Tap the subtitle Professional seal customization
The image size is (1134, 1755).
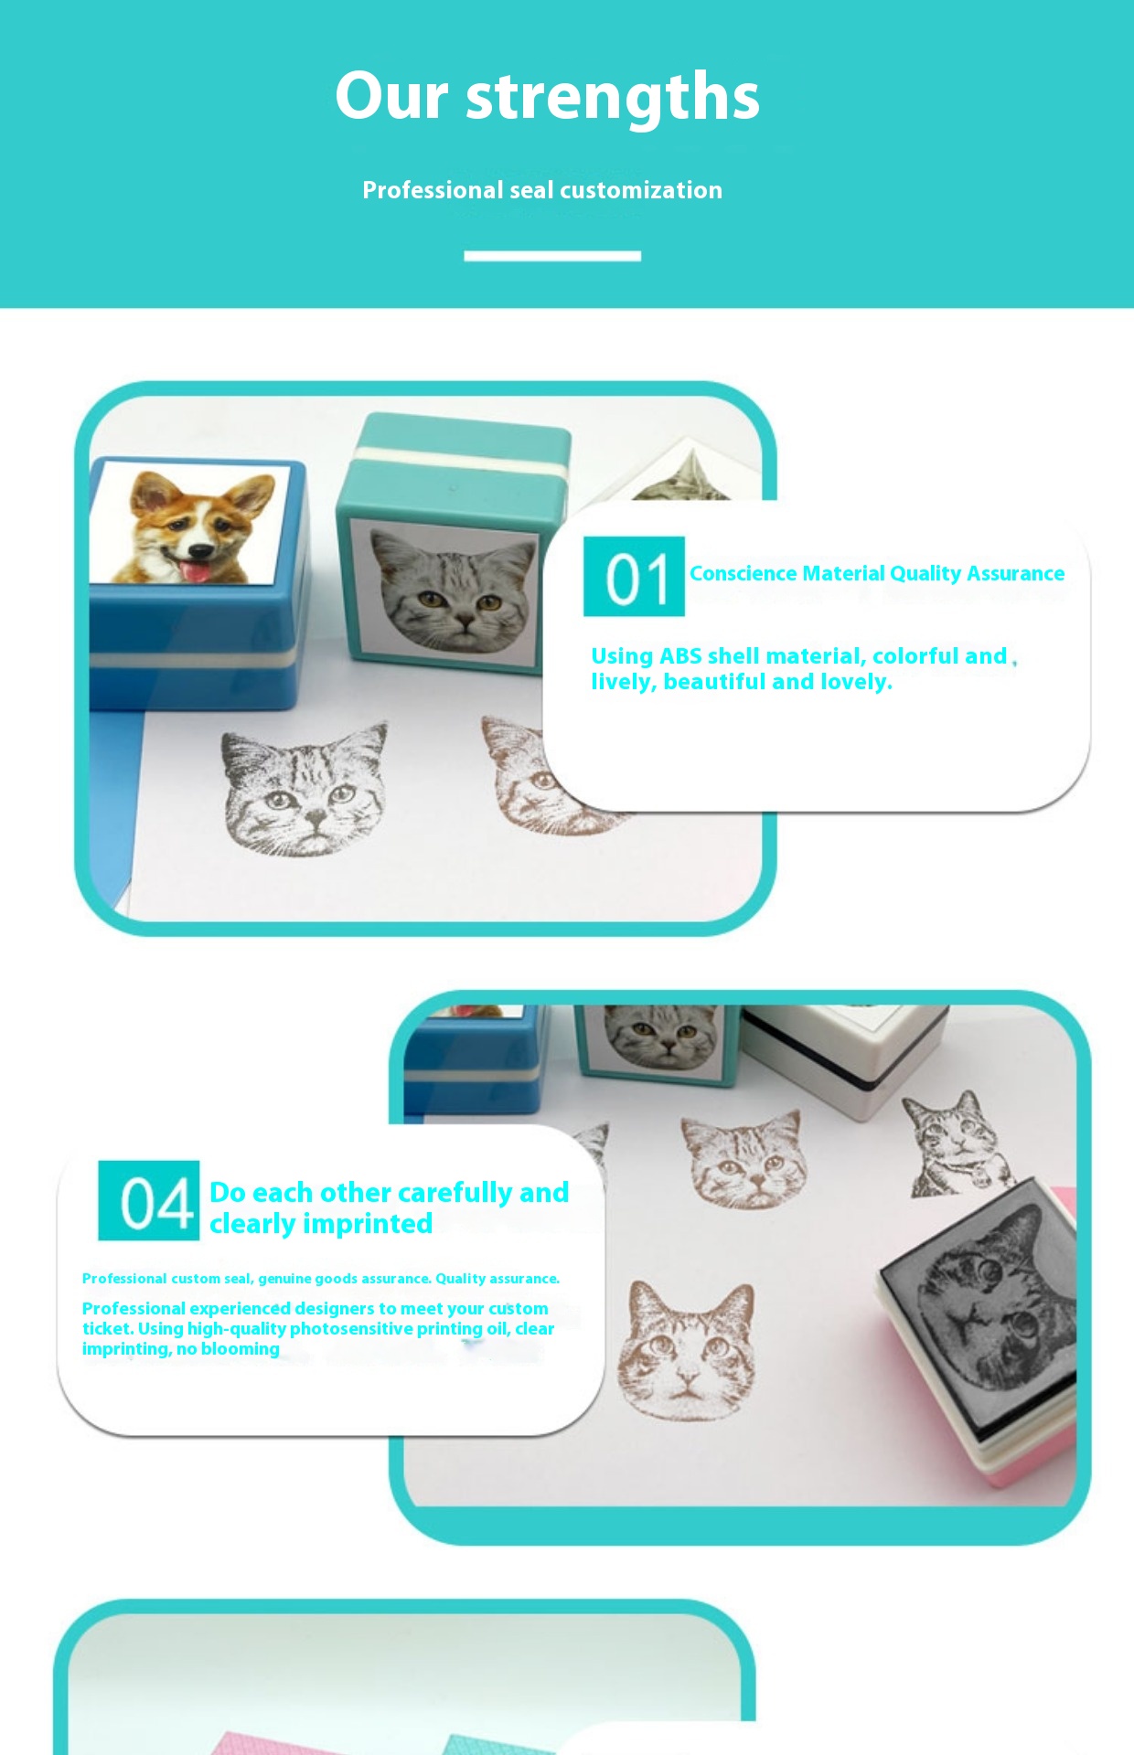[542, 190]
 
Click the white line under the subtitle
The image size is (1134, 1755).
[552, 256]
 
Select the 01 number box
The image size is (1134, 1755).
[634, 577]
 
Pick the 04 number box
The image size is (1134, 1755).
[149, 1200]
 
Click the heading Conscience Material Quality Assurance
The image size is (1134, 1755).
[877, 573]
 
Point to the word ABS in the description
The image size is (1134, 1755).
[680, 656]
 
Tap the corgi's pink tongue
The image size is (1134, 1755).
[193, 571]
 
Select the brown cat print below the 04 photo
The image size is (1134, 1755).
[687, 1351]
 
